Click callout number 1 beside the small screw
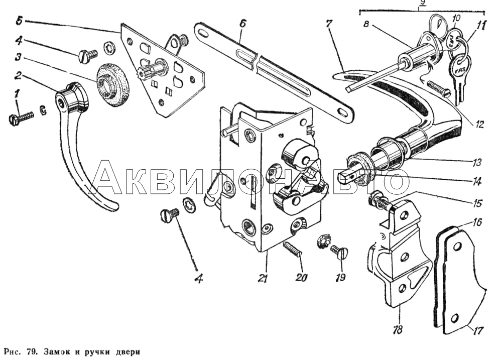[x=17, y=94]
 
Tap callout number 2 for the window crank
[x=17, y=77]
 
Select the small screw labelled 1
[x=22, y=117]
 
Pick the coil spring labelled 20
[x=292, y=250]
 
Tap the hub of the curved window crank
[x=71, y=99]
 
